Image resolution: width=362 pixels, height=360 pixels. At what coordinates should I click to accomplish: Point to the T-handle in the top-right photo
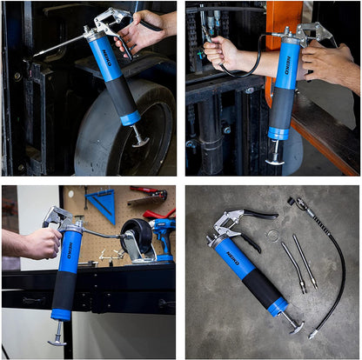pos(276,159)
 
